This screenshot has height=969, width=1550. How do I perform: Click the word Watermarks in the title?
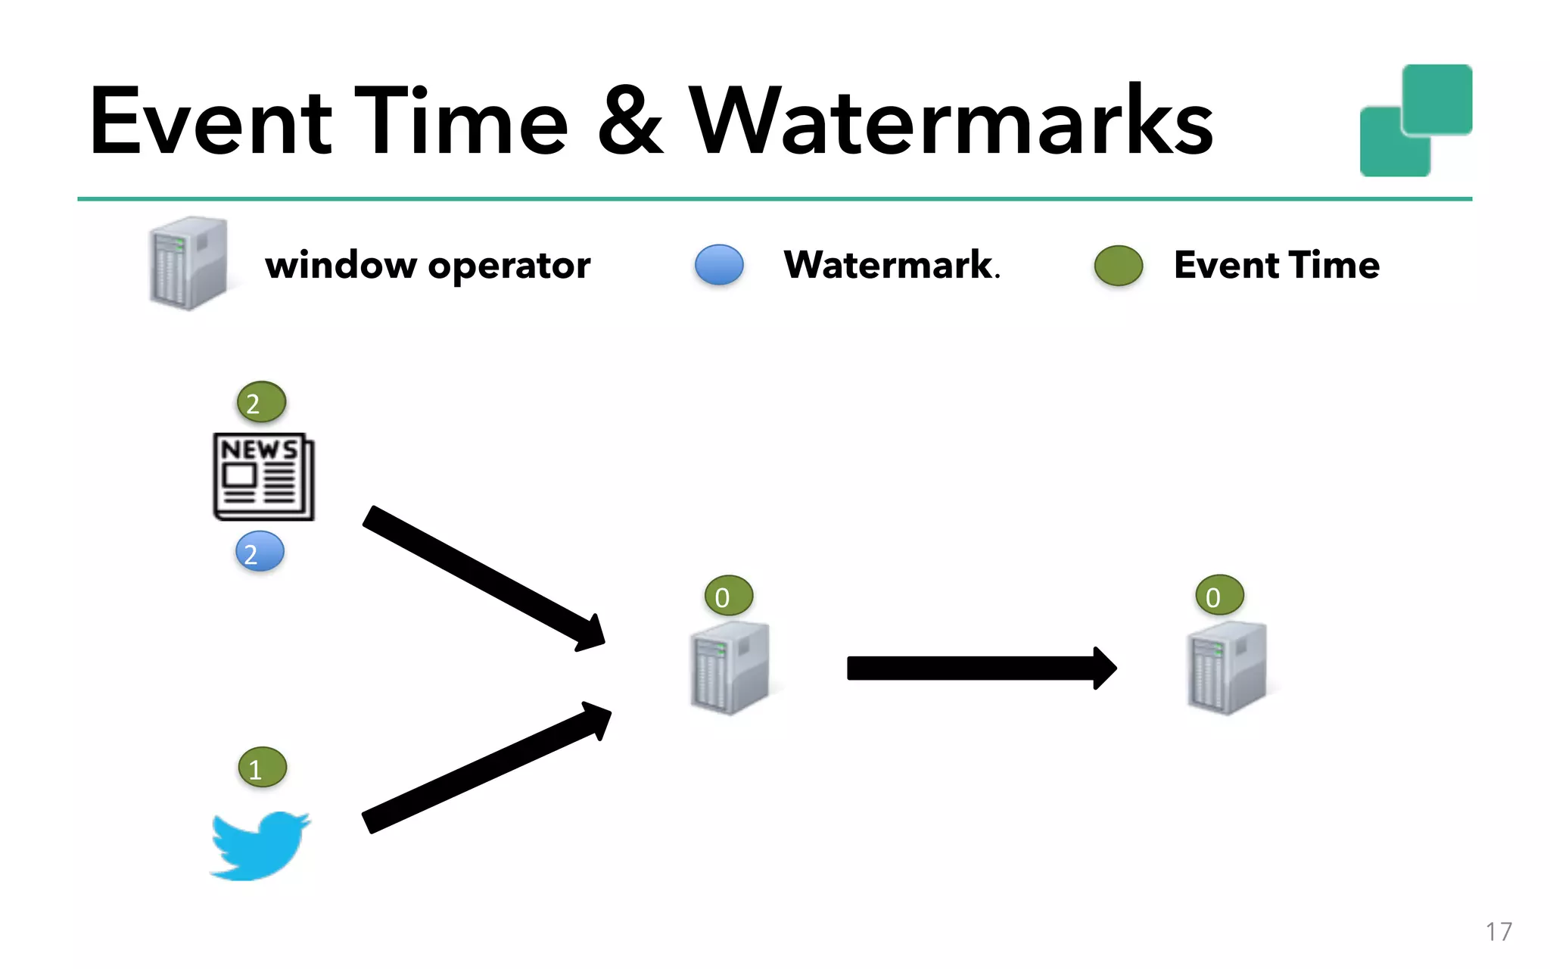tap(951, 121)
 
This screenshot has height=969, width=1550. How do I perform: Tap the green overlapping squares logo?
tap(1415, 121)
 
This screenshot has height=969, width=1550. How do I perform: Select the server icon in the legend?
tap(188, 263)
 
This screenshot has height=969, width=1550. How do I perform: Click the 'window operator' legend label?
tap(428, 266)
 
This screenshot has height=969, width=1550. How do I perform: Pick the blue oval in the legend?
tap(719, 265)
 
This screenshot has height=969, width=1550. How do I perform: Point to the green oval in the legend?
tap(1118, 266)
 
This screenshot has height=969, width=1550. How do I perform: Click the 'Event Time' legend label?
tap(1277, 265)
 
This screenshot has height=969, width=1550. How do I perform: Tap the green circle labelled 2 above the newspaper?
tap(261, 402)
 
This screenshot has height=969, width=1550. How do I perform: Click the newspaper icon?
tap(263, 476)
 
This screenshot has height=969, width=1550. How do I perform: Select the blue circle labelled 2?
tap(260, 552)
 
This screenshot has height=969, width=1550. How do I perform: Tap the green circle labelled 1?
tap(262, 768)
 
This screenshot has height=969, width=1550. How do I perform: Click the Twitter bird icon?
tap(260, 846)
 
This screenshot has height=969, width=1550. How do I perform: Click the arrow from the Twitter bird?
tap(484, 768)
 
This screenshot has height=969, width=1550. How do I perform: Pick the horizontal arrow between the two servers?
tap(980, 668)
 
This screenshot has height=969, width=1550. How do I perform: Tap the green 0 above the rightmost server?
tap(1219, 596)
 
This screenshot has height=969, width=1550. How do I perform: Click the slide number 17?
tap(1498, 931)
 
